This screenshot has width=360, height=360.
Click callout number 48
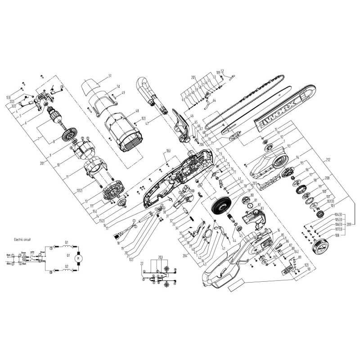tap(136, 111)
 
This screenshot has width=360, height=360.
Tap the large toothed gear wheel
tap(220, 209)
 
